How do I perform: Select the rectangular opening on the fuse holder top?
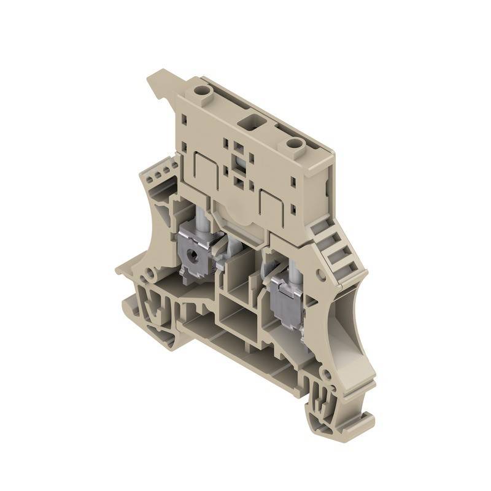click(x=250, y=118)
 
